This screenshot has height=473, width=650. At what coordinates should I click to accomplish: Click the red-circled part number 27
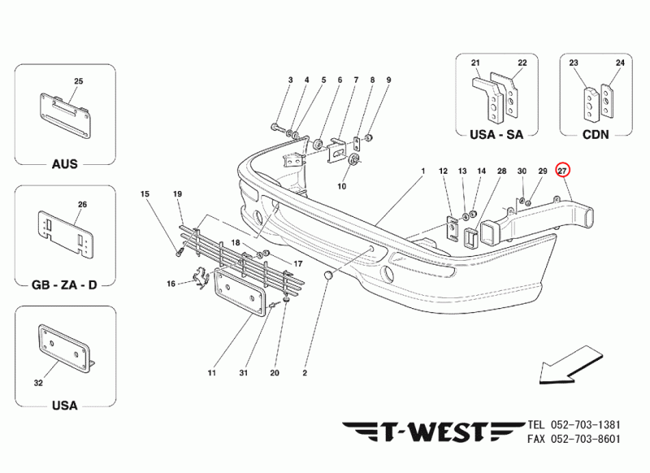coord(563,170)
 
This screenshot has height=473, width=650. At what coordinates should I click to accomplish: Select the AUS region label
coord(65,164)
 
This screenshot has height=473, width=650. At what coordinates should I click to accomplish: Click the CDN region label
coord(596,135)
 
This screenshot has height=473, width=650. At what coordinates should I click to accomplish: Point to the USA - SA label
coord(496,135)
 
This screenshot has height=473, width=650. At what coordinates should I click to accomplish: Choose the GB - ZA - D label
coord(64,285)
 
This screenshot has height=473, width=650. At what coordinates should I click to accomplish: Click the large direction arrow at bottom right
coord(571,365)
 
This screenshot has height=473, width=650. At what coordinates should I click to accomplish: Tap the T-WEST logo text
coord(433,432)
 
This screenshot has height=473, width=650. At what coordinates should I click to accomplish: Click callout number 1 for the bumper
coord(423,171)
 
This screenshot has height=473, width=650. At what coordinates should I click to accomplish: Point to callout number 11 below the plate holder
coord(212,373)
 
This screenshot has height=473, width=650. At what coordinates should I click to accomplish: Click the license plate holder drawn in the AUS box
coord(65,116)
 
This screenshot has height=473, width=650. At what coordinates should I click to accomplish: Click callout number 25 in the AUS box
coord(78,81)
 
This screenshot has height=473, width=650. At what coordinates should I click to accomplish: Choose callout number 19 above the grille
coord(177,194)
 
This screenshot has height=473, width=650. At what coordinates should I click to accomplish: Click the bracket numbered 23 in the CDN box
coord(591,104)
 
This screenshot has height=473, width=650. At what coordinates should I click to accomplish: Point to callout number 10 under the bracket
coord(341,187)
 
